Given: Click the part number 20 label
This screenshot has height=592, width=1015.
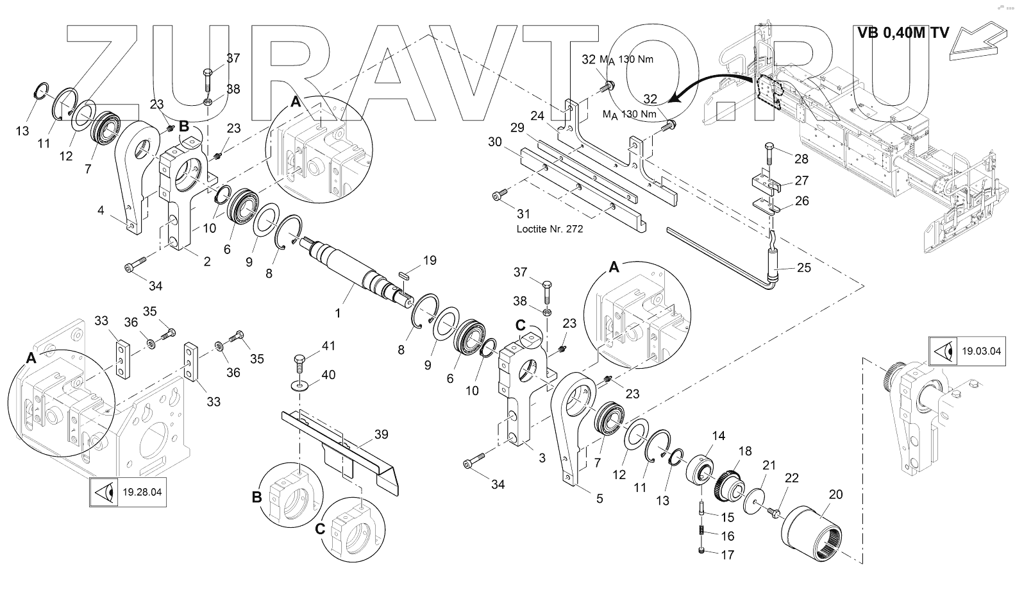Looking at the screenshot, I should (835, 495).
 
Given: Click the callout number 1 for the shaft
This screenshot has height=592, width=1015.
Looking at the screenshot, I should (339, 314).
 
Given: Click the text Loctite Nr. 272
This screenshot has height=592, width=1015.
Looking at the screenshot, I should (549, 229).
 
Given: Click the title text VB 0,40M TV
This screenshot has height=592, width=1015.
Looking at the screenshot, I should (903, 33).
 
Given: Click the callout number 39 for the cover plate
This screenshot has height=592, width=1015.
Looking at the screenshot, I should (381, 434).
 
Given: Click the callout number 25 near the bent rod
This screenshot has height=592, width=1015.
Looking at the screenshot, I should (803, 267).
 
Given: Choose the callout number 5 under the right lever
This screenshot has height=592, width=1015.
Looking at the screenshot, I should (599, 498).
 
